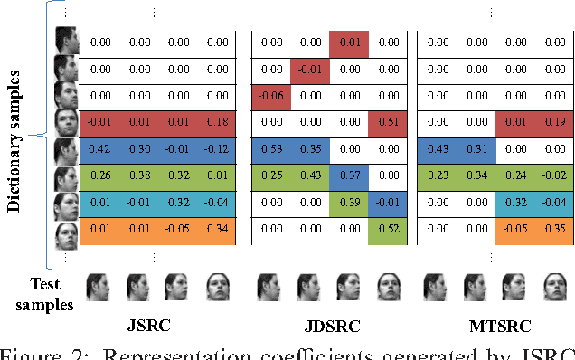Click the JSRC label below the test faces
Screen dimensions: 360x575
(150, 325)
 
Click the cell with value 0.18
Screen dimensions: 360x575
(217, 121)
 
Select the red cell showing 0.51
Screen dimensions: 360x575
(388, 121)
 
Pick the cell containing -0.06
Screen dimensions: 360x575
(269, 94)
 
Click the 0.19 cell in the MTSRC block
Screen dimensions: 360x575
(554, 121)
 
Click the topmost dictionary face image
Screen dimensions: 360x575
(66, 41)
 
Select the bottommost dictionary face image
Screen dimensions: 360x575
(66, 234)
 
